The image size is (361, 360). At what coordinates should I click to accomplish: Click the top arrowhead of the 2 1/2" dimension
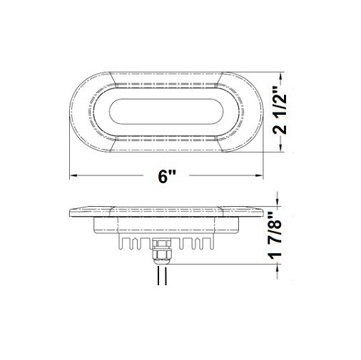click(285, 75)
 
